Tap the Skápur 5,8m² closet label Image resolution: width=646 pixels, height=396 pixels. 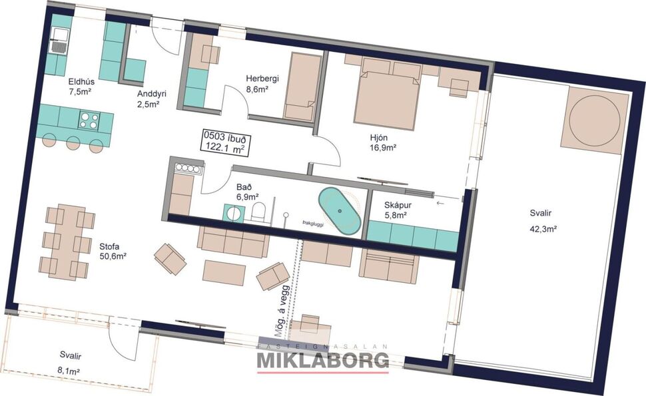pos(400,211)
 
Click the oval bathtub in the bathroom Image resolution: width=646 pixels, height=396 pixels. pos(339,211)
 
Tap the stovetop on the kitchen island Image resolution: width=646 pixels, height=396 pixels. pos(89,120)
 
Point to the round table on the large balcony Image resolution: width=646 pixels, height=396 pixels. pos(594,120)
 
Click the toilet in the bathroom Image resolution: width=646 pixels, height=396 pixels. pos(260,212)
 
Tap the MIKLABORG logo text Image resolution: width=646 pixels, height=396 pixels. pos(323,361)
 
